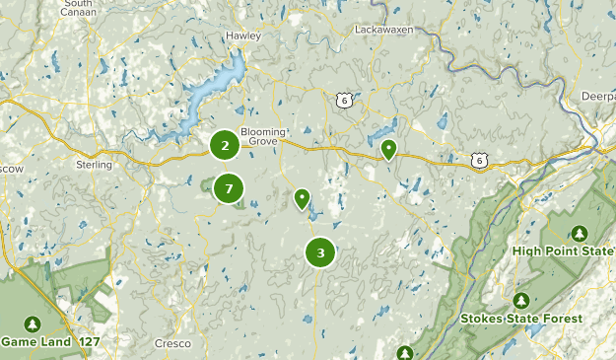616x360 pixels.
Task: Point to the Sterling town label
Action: click(94, 165)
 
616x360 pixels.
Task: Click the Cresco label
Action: click(172, 343)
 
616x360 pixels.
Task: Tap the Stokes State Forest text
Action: click(520, 319)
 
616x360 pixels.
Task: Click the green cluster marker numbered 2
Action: click(226, 146)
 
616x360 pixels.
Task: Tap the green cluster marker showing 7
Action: click(229, 187)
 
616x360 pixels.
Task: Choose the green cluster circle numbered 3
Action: click(320, 253)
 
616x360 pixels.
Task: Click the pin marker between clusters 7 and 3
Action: click(302, 198)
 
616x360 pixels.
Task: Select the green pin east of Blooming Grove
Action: click(389, 150)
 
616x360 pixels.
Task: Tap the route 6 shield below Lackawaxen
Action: click(343, 100)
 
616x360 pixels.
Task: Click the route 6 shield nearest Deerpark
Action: click(479, 159)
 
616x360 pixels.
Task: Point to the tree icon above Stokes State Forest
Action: click(520, 300)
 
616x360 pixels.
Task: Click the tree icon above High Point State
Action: click(580, 233)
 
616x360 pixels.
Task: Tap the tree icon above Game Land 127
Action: click(33, 324)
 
